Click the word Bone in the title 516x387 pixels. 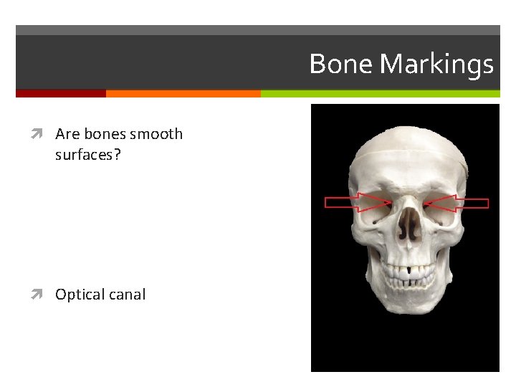coord(342,64)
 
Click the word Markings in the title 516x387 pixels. coord(436,65)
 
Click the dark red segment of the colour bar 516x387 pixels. coord(60,93)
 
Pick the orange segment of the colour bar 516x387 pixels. coord(183,93)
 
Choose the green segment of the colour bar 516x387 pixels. coord(380,93)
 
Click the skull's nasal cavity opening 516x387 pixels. coord(408,226)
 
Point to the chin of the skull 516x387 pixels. coord(406,316)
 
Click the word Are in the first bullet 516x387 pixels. coord(67,134)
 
